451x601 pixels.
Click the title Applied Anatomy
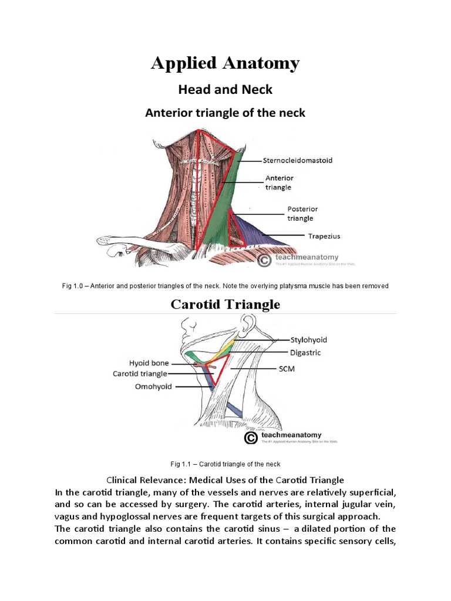[x=225, y=63]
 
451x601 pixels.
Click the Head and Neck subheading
[x=225, y=89]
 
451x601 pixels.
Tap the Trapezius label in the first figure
[x=324, y=237]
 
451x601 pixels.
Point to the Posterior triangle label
[x=300, y=213]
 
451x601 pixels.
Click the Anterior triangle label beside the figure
[x=280, y=182]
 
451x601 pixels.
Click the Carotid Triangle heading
[x=225, y=304]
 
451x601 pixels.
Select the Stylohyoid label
[x=309, y=339]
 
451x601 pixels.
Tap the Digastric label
[x=306, y=353]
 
